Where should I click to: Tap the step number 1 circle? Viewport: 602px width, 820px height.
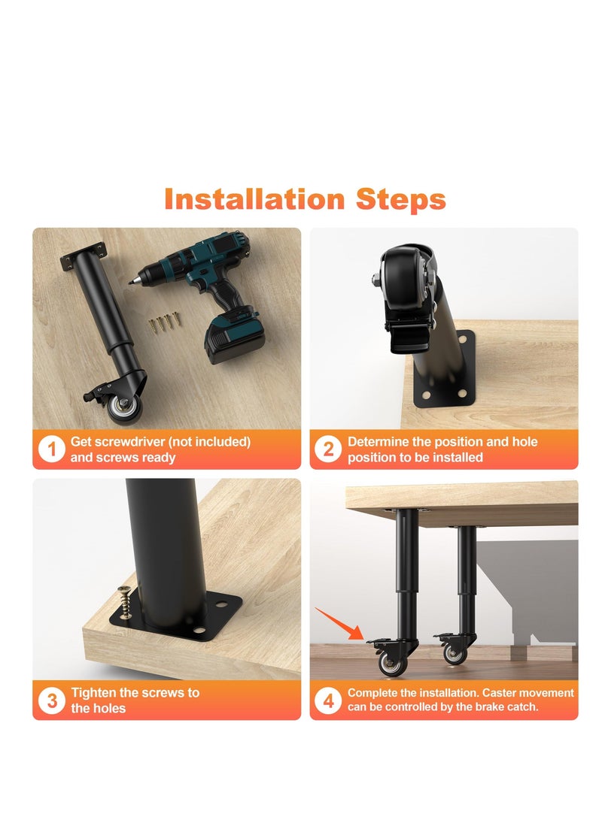point(52,449)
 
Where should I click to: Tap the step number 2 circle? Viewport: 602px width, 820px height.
point(329,449)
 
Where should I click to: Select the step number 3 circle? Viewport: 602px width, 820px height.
point(52,700)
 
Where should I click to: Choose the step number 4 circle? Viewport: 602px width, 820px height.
point(329,700)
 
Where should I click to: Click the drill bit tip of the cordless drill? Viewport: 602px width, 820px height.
point(132,280)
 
